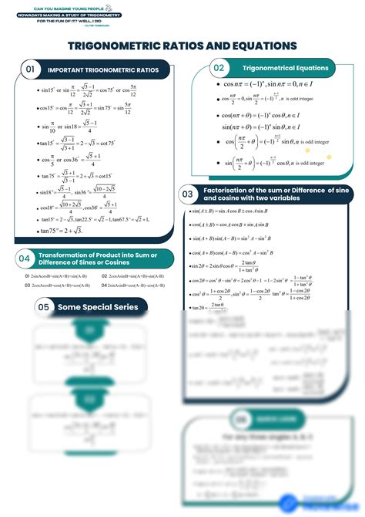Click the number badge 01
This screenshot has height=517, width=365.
click(32, 70)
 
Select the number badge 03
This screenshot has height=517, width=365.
click(187, 194)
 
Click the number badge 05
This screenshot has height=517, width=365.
click(44, 308)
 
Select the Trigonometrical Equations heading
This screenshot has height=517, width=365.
click(285, 69)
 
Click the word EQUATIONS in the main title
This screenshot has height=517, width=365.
click(238, 46)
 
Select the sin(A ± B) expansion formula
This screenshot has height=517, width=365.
click(239, 211)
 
